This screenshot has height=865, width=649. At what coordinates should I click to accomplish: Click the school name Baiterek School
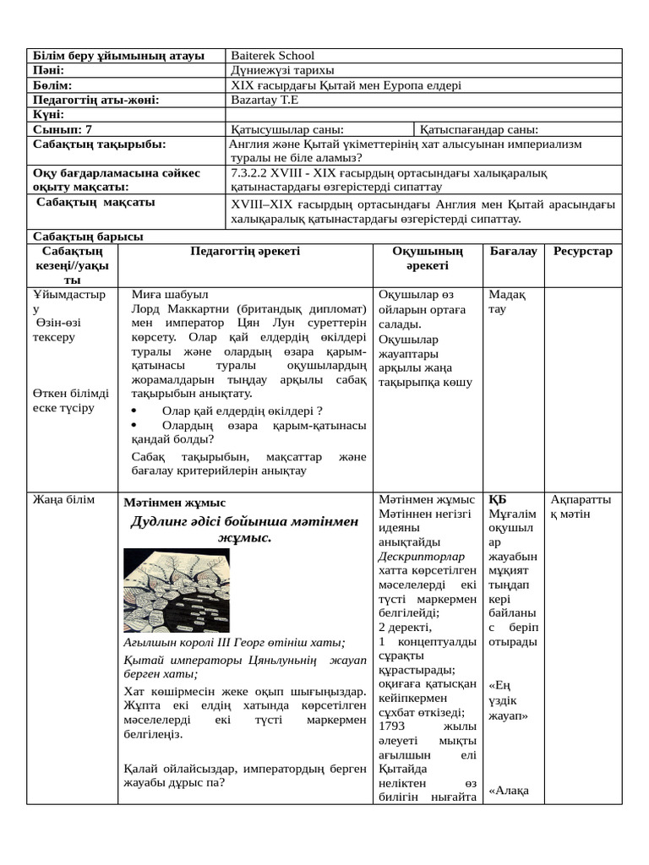272,56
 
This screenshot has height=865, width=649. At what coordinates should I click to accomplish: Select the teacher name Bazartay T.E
265,100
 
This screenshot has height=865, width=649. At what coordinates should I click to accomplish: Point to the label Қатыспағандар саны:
479,129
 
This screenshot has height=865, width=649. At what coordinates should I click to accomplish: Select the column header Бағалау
513,251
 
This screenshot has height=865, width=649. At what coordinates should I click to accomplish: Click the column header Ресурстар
583,251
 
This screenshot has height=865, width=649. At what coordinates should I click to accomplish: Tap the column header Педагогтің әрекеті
245,251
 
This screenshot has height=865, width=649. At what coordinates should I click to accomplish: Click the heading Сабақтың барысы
87,237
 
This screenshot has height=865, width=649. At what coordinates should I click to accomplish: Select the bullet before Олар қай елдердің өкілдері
136,411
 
